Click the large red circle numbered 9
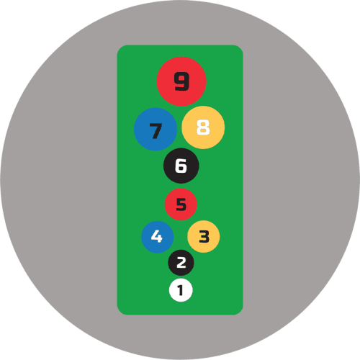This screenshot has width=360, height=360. pyautogui.click(x=181, y=81)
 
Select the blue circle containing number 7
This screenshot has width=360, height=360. pyautogui.click(x=156, y=129)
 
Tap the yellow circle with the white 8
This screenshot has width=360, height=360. pyautogui.click(x=203, y=127)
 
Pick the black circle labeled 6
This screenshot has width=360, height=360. pyautogui.click(x=181, y=166)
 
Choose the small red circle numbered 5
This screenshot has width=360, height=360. pyautogui.click(x=181, y=204)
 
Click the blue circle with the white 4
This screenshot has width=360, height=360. pyautogui.click(x=157, y=237)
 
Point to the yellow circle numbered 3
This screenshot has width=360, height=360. pyautogui.click(x=204, y=236)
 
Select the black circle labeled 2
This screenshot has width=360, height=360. pyautogui.click(x=181, y=263)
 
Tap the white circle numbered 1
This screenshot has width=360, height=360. pyautogui.click(x=181, y=290)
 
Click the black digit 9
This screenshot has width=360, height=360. pyautogui.click(x=181, y=81)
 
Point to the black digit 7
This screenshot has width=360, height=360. pyautogui.click(x=156, y=131)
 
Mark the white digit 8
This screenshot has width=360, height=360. pyautogui.click(x=203, y=127)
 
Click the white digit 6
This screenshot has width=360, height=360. pyautogui.click(x=181, y=166)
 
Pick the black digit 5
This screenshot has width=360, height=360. pyautogui.click(x=181, y=204)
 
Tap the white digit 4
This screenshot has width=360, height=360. pyautogui.click(x=157, y=236)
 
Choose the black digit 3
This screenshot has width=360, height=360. pyautogui.click(x=204, y=237)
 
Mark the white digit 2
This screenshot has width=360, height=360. pyautogui.click(x=181, y=263)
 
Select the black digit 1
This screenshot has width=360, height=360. pyautogui.click(x=181, y=290)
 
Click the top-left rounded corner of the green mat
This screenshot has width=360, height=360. pyautogui.click(x=120, y=48)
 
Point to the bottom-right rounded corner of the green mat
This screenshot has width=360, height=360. pyautogui.click(x=240, y=312)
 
